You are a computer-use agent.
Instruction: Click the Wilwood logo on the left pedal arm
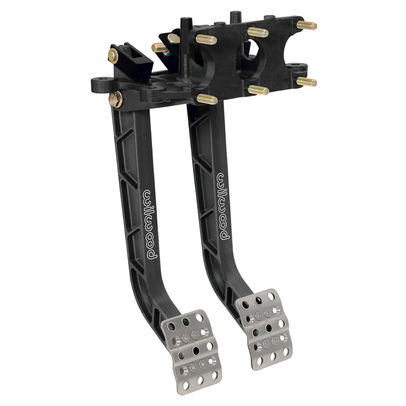150,225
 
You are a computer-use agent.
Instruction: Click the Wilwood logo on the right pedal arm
223,206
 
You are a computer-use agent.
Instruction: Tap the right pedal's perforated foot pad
264,329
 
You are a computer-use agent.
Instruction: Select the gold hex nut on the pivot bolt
115,99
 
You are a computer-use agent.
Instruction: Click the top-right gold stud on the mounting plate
307,26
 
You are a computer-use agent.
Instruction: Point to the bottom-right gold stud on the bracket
307,82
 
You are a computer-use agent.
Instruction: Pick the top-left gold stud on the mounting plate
206,39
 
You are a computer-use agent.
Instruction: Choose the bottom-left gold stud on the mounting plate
207,99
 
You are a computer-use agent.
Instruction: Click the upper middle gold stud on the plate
258,32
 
